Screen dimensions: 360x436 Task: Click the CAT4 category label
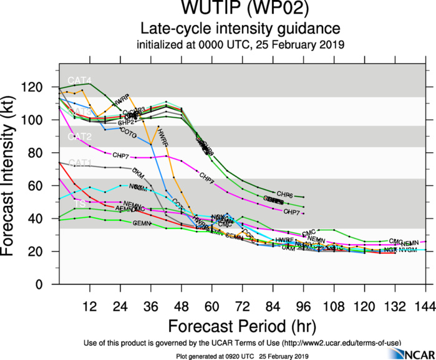click(79, 80)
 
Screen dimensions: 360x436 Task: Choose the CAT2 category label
click(79, 137)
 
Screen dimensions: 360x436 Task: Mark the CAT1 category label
click(79, 163)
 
